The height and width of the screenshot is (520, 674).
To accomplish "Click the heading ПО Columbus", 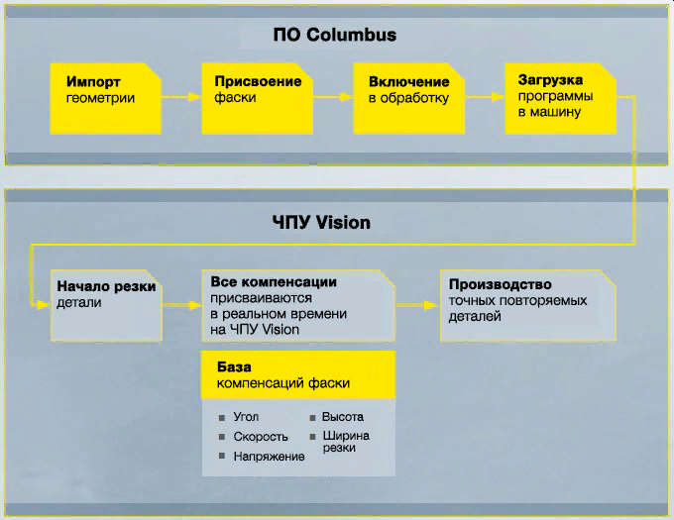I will [x=334, y=36].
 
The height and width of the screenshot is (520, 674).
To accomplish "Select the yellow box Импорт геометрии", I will [x=103, y=97].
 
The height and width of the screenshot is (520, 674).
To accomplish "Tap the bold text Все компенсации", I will [x=275, y=282].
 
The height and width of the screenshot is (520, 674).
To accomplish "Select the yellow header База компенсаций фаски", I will [x=298, y=374].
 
